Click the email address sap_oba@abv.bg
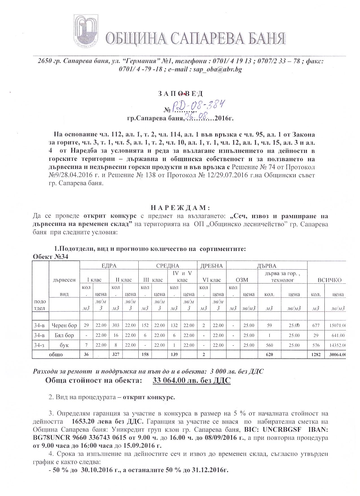pos(217,69)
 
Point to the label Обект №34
pos(51,257)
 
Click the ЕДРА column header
pos(109,266)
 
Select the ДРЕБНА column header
pos(211,266)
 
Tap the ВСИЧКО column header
pos(330,280)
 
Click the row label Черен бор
pos(64,325)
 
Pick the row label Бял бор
pos(64,335)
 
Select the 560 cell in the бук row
pos(269,345)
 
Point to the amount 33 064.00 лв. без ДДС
pos(191,380)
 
